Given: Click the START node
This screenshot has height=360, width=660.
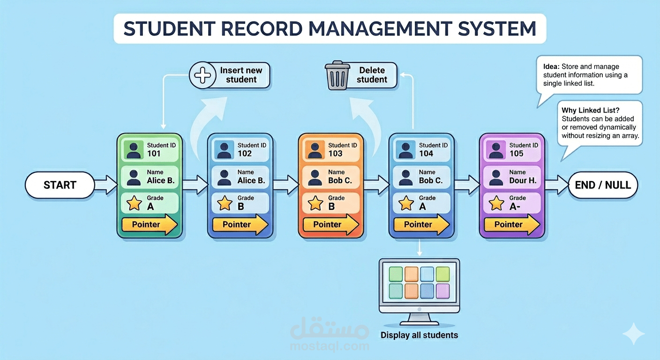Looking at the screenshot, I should [60, 185].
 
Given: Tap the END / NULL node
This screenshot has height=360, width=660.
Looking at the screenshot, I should [602, 185].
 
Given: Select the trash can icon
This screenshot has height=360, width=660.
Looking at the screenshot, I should [337, 76].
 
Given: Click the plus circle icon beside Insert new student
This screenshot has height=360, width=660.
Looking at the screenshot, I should [202, 75].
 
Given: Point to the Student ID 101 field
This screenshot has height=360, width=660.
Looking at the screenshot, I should [149, 150].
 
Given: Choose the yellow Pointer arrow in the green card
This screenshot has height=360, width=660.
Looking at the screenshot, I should [150, 225].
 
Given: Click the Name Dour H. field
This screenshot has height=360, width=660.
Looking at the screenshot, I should [512, 177].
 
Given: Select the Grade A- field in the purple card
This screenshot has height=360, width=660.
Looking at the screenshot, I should [512, 203].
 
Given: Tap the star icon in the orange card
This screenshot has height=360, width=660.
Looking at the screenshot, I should [315, 203].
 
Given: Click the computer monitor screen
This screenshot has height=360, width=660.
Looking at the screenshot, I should [419, 282].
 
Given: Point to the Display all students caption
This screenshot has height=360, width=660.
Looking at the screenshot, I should [419, 335].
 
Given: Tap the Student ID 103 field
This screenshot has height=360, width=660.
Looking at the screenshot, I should [330, 150].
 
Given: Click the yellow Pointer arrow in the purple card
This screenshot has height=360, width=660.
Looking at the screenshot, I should [512, 225].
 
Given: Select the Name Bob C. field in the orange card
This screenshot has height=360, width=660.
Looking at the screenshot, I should [330, 177].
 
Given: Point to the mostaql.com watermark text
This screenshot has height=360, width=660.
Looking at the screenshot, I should [330, 346].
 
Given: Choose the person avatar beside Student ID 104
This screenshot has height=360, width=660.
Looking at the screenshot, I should [405, 150].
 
